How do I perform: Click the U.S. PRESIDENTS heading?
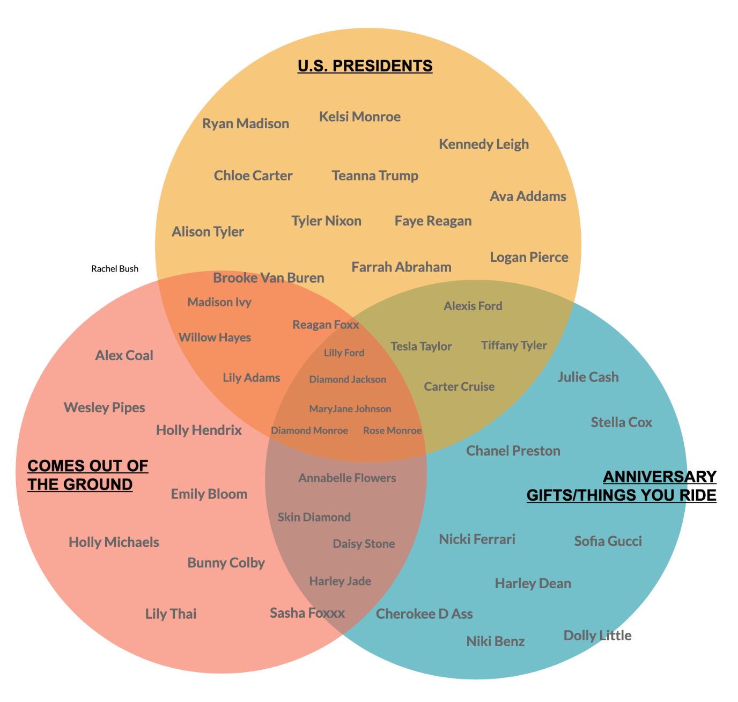365,66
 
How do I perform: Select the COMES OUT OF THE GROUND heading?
87,475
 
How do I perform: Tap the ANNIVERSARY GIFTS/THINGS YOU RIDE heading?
622,486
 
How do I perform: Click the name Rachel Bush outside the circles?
115,269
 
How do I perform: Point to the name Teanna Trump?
375,175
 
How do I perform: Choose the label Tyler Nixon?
326,221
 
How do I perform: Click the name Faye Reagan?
433,221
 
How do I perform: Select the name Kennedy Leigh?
484,144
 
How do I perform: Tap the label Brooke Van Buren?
269,278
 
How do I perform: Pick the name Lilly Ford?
344,353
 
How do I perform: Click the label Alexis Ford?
473,306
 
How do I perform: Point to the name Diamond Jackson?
348,379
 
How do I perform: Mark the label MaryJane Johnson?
350,409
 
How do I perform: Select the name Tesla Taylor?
421,347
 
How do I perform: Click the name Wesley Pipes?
105,408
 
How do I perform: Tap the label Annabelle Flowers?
347,478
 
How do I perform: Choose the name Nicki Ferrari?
477,539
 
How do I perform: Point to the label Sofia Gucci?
608,541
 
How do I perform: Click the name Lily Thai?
171,614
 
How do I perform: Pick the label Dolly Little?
597,636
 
